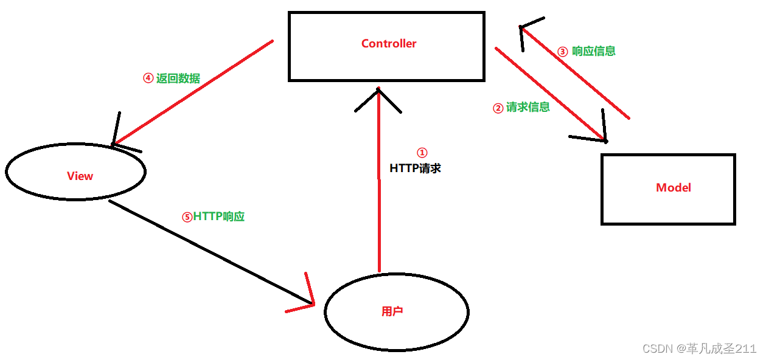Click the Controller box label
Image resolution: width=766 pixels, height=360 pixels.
(x=389, y=44)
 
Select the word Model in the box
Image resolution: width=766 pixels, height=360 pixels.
(x=674, y=188)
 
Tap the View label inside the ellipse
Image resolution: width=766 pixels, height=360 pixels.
(x=80, y=176)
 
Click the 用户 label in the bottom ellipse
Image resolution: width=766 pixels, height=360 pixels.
(x=392, y=311)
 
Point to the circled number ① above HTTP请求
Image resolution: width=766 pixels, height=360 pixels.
(x=422, y=153)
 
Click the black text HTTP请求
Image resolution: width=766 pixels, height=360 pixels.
(x=415, y=168)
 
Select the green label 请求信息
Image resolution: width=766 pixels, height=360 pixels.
(x=528, y=107)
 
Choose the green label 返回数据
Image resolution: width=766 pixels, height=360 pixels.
(x=178, y=78)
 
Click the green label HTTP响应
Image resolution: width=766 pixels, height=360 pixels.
(x=219, y=216)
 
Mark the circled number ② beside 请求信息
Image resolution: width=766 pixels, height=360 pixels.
(x=498, y=108)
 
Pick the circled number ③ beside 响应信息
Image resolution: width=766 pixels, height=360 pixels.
(x=563, y=52)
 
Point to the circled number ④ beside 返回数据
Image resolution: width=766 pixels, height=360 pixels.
(x=148, y=78)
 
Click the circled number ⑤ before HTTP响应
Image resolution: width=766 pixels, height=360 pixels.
(x=187, y=217)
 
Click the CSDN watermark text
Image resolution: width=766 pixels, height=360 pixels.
(x=699, y=348)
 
